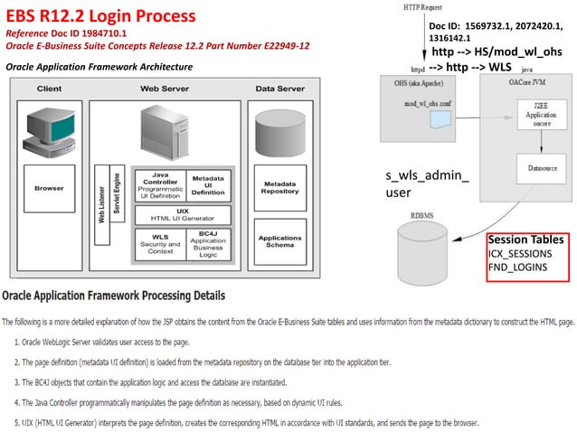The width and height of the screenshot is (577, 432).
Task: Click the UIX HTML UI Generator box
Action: tap(182, 215)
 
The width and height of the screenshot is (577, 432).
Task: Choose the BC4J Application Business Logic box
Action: tap(208, 243)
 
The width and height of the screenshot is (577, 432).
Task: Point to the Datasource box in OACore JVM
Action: tap(535, 167)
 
